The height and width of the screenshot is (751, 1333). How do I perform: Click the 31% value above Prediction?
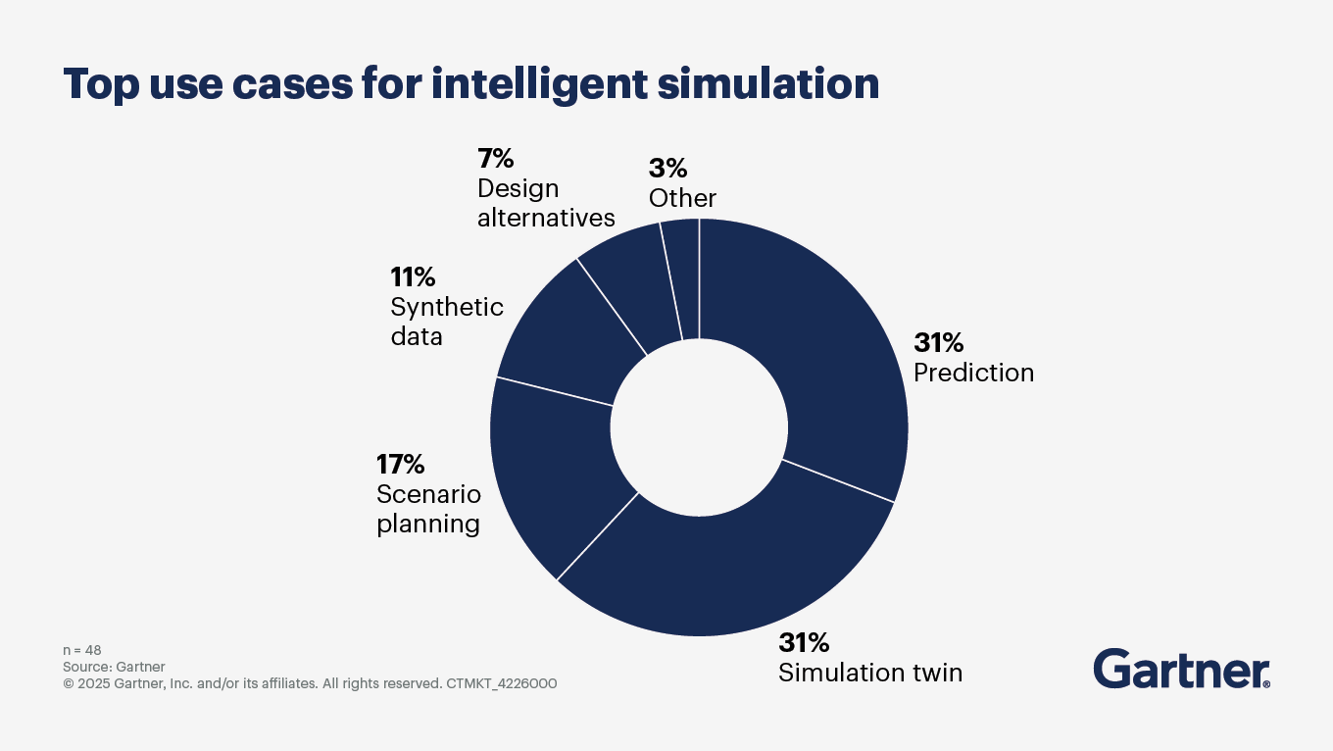[939, 342]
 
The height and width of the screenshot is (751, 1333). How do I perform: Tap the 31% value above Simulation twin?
[804, 642]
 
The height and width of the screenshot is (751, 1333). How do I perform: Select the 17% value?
[402, 464]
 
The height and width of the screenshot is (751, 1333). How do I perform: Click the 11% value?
[413, 276]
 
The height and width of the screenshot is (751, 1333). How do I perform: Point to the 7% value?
[496, 158]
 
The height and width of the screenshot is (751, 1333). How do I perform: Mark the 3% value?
[667, 168]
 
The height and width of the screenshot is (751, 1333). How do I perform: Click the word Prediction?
[973, 373]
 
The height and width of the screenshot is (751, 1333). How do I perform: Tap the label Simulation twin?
[870, 673]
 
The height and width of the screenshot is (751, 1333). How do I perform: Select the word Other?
[682, 198]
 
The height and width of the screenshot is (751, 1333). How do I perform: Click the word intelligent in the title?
[539, 84]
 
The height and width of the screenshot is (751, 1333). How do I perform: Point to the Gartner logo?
[1181, 669]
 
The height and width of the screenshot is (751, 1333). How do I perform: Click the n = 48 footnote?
[82, 650]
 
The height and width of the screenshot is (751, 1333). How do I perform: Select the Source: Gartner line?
[114, 667]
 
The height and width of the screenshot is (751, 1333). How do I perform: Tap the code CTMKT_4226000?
[501, 683]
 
